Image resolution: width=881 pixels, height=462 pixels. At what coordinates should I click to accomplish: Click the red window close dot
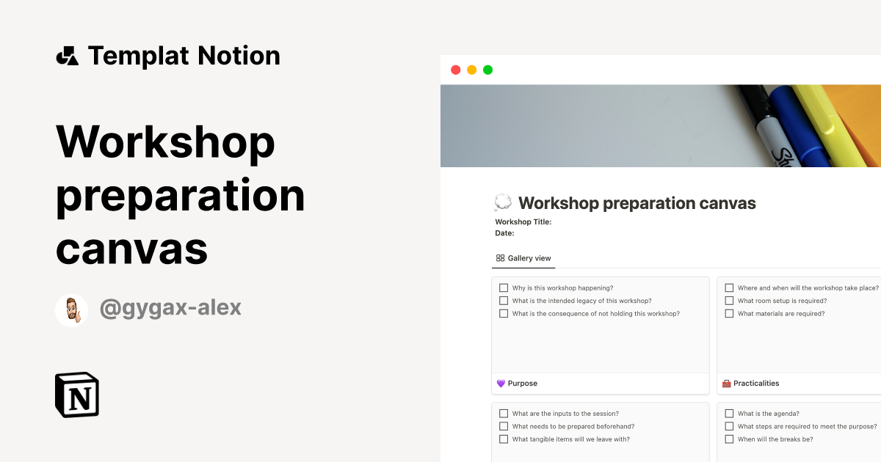(x=455, y=70)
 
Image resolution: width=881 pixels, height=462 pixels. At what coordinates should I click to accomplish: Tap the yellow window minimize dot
(x=471, y=70)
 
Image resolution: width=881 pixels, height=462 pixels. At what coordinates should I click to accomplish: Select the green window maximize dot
(x=487, y=70)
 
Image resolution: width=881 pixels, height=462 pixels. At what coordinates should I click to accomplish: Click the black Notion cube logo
(x=77, y=395)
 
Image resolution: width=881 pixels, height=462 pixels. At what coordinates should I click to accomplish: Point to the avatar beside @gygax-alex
(x=71, y=310)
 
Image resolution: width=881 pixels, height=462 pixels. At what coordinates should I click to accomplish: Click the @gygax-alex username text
(x=170, y=308)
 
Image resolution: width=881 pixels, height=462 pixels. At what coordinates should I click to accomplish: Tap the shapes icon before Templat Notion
(x=67, y=56)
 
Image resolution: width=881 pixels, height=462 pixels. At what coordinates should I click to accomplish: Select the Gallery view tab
(x=523, y=258)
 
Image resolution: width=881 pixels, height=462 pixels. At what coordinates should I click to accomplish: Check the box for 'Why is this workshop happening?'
(x=504, y=288)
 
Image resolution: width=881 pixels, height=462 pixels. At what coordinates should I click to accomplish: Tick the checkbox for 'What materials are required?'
(x=729, y=313)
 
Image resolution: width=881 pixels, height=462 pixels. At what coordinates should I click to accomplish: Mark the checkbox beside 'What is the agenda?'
(x=729, y=414)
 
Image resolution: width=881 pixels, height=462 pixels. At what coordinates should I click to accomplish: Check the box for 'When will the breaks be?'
(x=729, y=439)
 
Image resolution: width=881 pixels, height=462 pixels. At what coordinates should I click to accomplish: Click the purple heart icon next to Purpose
(x=501, y=384)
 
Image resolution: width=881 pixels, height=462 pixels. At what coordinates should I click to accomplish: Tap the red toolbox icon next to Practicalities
(x=727, y=384)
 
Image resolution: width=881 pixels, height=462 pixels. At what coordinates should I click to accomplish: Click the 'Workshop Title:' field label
(x=523, y=221)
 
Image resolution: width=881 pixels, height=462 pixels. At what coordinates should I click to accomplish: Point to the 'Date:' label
(x=504, y=233)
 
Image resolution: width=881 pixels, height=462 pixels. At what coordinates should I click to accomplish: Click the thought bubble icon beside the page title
(x=503, y=203)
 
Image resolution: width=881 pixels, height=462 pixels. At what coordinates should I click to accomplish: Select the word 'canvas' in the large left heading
(x=132, y=249)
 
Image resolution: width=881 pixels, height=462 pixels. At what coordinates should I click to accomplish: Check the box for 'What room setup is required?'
(x=729, y=301)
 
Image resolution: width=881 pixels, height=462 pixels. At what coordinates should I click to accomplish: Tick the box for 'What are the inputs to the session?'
(x=504, y=414)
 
